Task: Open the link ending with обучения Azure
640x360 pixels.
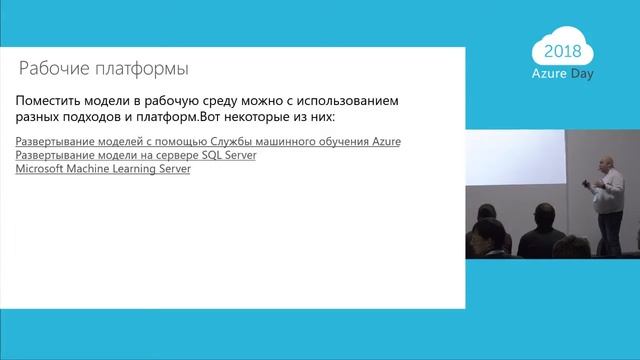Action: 208,142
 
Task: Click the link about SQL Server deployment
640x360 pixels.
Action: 137,156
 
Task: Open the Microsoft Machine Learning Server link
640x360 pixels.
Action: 104,169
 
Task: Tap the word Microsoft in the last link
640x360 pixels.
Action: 42,169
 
